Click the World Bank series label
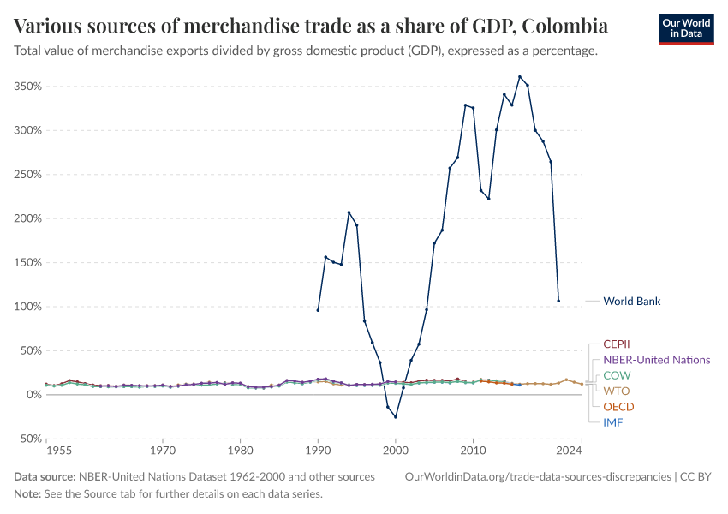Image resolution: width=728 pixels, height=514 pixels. point(631,301)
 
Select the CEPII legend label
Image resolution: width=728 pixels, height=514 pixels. point(617,344)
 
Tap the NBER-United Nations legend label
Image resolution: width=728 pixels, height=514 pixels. point(656,360)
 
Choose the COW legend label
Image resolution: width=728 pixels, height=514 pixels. point(618,375)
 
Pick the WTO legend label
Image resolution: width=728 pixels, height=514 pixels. point(617,391)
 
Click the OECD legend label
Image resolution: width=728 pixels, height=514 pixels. point(619,406)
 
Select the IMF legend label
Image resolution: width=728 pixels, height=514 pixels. point(613,422)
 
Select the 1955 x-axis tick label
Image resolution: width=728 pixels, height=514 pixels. point(58,449)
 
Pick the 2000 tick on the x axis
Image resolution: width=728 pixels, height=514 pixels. point(395,449)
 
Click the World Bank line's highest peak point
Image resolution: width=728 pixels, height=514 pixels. point(519,76)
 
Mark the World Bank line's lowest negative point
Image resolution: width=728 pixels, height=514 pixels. point(395,416)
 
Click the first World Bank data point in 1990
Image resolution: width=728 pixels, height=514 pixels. point(318,310)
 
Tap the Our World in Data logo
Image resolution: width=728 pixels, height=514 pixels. point(685,28)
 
